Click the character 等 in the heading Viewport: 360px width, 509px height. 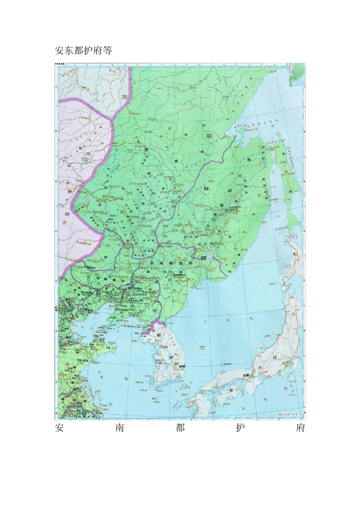coord(107,50)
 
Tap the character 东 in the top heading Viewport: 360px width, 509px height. coord(69,50)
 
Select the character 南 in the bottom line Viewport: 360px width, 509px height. coord(120,428)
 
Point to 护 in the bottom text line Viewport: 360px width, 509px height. coord(240,428)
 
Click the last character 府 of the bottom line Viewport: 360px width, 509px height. coord(301,428)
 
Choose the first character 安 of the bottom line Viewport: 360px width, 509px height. coord(59,428)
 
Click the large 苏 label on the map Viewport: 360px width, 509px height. coord(125,97)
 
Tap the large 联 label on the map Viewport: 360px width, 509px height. coord(209,136)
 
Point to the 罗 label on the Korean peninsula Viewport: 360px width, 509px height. coord(171,357)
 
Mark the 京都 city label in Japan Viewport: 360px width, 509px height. coord(247,375)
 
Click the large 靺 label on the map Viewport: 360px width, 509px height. coord(207,188)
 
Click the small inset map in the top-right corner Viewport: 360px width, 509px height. coord(297,75)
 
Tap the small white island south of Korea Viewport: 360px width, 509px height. coord(154,399)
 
